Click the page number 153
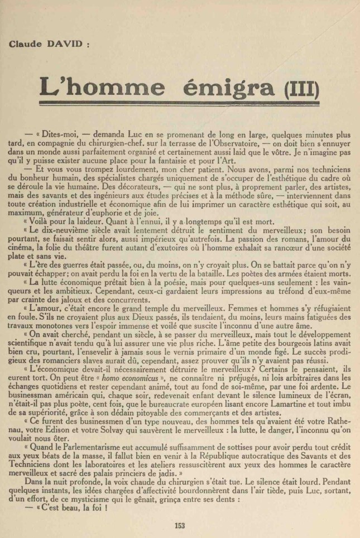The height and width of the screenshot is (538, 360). point(179,525)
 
